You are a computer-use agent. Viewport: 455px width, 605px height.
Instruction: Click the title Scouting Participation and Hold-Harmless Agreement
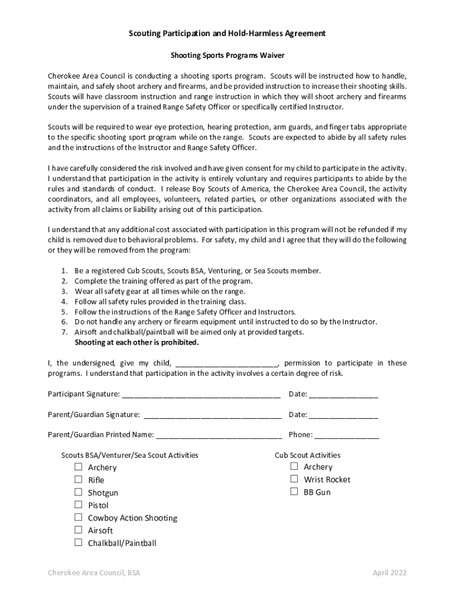pos(227,34)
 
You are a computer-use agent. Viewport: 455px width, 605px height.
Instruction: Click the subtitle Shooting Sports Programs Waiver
pos(227,56)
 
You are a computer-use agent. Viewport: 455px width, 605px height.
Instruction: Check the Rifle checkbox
pos(78,480)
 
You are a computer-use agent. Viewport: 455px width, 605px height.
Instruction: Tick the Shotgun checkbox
pos(78,492)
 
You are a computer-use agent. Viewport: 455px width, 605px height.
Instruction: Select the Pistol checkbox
pos(78,505)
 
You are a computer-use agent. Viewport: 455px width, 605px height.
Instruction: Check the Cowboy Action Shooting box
pos(78,518)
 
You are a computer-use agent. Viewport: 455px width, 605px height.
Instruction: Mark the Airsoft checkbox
pos(78,530)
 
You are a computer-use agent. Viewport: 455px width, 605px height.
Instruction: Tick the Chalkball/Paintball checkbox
pos(78,542)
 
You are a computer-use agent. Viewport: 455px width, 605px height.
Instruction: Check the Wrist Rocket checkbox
pos(294,479)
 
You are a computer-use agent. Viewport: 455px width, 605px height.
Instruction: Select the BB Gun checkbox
pos(294,492)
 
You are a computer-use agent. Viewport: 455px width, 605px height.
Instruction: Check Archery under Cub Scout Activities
pos(294,466)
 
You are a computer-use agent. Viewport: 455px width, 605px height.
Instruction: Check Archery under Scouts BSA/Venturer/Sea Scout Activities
pos(78,467)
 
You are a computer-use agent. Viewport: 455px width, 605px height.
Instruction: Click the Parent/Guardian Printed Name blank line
pos(219,436)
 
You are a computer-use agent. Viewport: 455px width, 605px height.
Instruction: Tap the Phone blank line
pos(346,436)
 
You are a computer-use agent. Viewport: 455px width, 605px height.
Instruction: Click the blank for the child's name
pos(226,364)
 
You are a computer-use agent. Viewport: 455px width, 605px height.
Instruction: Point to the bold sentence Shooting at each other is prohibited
pos(136,342)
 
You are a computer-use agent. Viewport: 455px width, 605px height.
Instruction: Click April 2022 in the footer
pos(389,573)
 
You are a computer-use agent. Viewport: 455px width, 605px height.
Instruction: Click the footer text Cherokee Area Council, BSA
pos(94,573)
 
